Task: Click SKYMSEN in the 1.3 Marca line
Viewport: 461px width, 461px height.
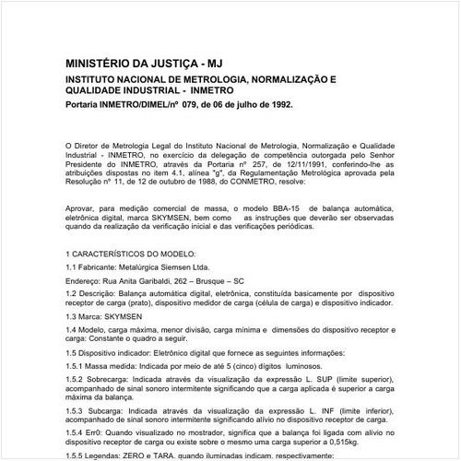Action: [127, 315]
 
